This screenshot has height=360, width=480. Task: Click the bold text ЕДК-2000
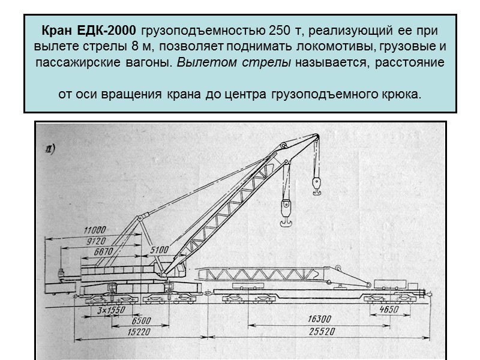coord(112,30)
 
